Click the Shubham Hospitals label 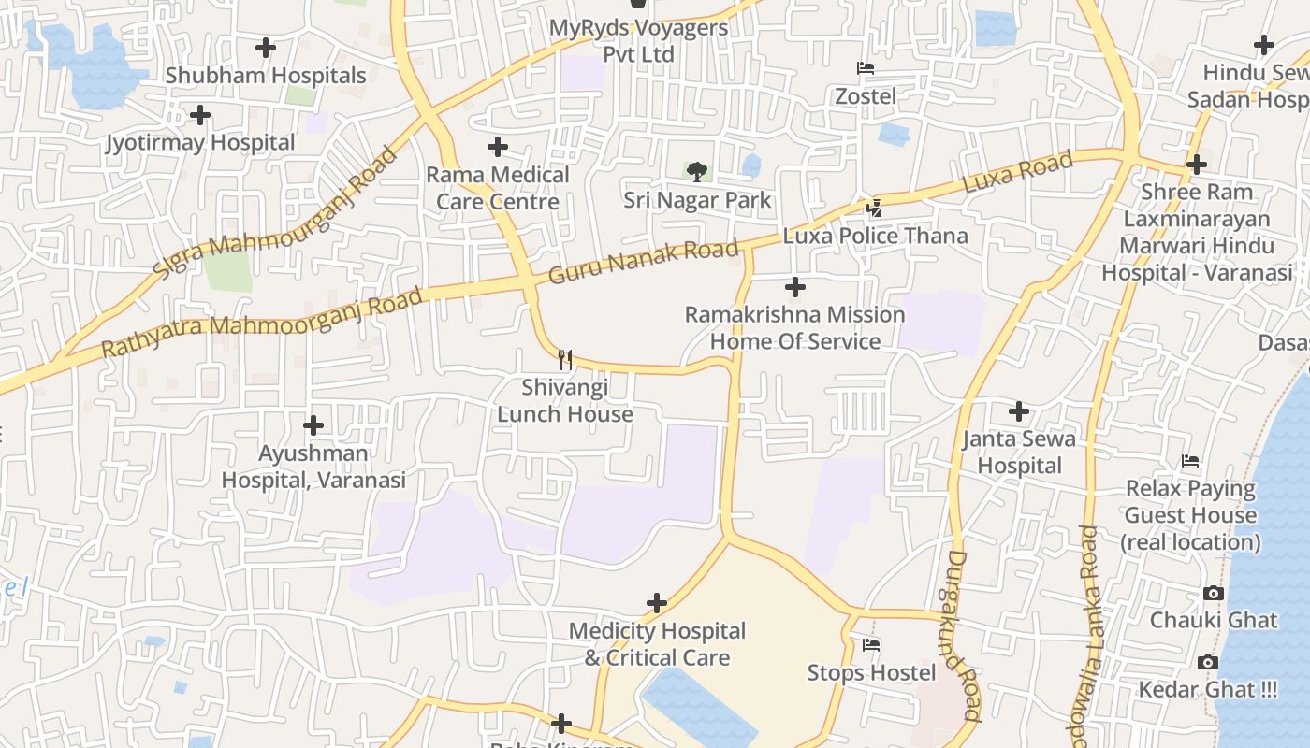266,76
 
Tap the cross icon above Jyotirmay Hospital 199,116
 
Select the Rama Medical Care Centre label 498,188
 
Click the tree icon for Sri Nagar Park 696,171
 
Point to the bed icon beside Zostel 866,68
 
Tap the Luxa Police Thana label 875,236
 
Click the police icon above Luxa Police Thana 874,208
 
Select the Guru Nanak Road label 644,262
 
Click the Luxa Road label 1017,173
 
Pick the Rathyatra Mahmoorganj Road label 262,324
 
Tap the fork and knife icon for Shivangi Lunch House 564,359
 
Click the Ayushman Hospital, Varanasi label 313,467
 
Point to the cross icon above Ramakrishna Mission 795,287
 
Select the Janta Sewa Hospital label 1019,452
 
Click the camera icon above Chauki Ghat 1213,594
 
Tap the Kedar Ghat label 1207,690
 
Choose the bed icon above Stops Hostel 871,645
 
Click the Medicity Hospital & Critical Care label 657,644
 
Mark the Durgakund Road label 960,636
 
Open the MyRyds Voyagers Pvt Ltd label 638,41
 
